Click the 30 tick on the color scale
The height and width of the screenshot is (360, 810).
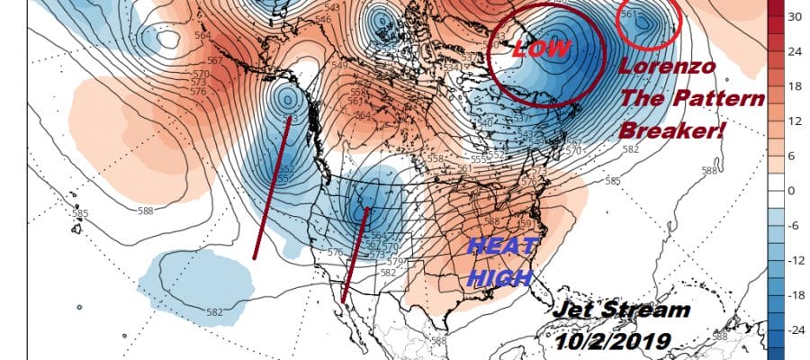[795, 16]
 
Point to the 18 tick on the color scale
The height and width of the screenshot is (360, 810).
[795, 85]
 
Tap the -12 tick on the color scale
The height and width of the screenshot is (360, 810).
[796, 260]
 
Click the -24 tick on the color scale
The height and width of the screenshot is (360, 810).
[796, 330]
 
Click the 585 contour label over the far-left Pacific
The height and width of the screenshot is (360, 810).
[80, 214]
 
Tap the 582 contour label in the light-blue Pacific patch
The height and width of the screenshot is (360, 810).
[214, 312]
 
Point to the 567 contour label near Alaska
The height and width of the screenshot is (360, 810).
[214, 62]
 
